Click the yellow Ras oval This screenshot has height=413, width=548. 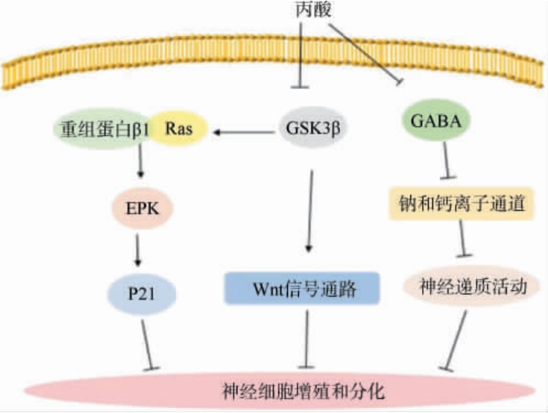[179, 130]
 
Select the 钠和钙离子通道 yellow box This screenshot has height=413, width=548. [458, 206]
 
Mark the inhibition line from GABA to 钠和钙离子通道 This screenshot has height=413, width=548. [447, 161]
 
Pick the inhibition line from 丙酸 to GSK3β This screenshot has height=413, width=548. [300, 55]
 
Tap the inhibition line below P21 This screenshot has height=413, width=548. [147, 341]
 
